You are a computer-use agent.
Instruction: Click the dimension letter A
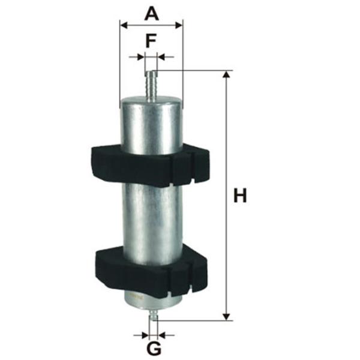pyautogui.click(x=152, y=14)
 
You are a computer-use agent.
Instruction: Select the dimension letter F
pyautogui.click(x=151, y=41)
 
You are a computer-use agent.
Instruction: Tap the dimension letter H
pyautogui.click(x=240, y=195)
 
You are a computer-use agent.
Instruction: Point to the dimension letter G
pyautogui.click(x=154, y=349)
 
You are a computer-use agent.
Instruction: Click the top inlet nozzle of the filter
pyautogui.click(x=151, y=86)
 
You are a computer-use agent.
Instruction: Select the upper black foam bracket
pyautogui.click(x=151, y=166)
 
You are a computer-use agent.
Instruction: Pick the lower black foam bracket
pyautogui.click(x=152, y=272)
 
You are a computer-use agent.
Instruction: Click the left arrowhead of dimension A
pyautogui.click(x=124, y=25)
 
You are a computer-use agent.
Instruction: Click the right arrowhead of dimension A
pyautogui.click(x=179, y=25)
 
